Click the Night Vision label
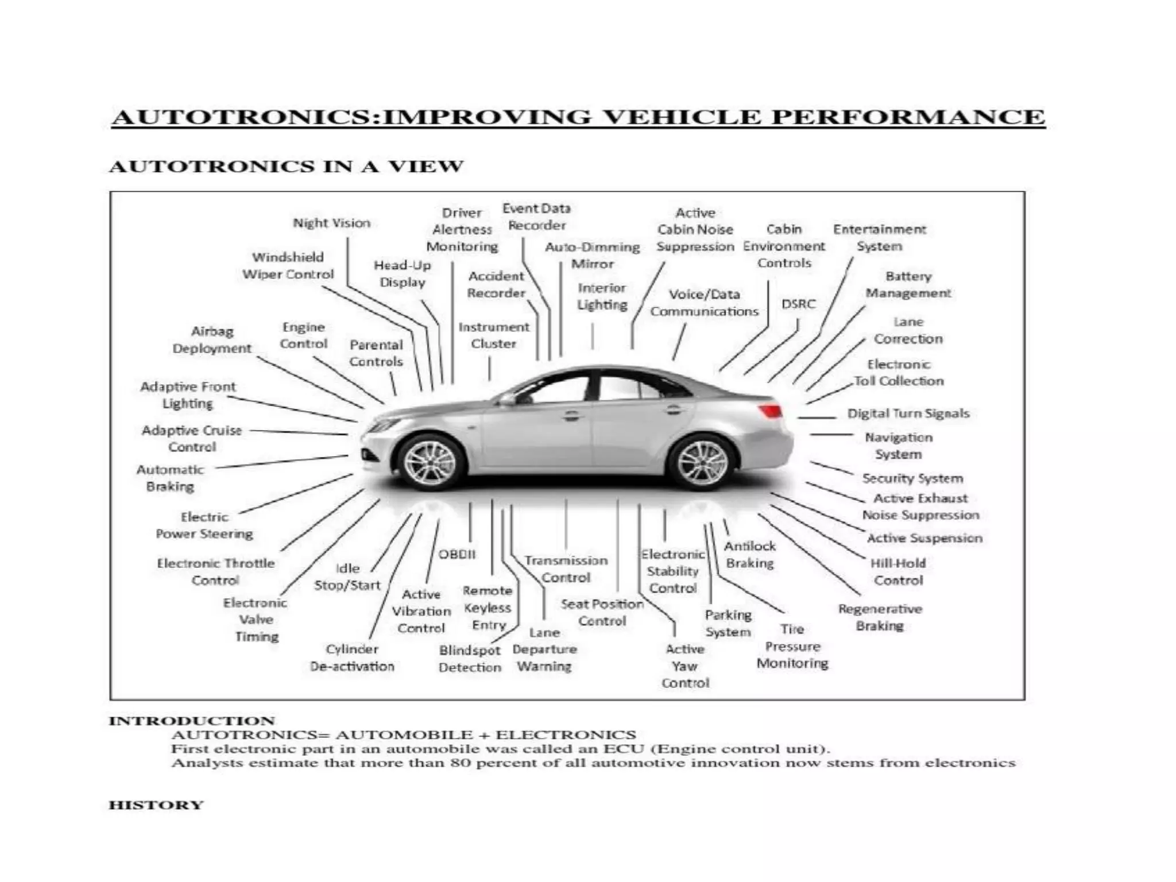click(x=331, y=223)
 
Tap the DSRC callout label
click(x=798, y=304)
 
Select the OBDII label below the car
click(x=457, y=554)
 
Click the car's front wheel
click(x=430, y=462)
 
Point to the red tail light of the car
click(x=770, y=411)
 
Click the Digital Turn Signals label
click(x=908, y=413)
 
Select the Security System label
click(x=912, y=478)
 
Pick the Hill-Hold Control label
click(x=898, y=571)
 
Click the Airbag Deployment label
click(x=212, y=339)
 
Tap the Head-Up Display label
click(x=402, y=273)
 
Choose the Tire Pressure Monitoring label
click(x=792, y=646)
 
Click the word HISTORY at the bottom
click(x=156, y=805)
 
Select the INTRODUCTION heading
click(x=192, y=721)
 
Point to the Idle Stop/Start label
click(x=347, y=577)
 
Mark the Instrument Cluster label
click(x=493, y=335)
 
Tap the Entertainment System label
click(x=879, y=238)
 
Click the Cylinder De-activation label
click(x=352, y=657)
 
